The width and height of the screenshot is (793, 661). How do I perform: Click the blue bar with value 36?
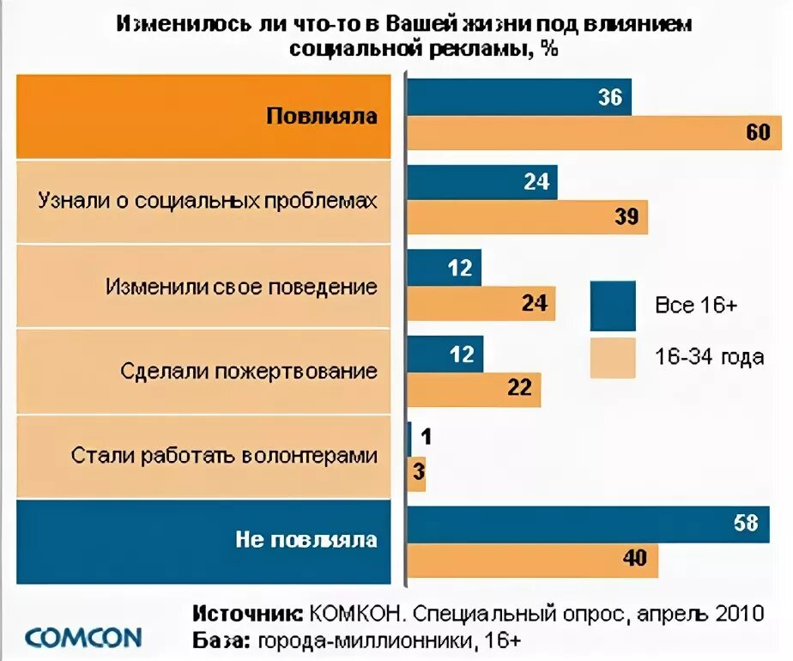(519, 97)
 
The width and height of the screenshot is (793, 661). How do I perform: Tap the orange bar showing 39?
(527, 217)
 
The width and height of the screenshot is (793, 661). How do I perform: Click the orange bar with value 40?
(532, 560)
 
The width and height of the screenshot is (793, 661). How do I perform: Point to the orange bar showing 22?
(474, 388)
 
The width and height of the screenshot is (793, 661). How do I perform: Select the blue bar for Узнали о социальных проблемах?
(482, 182)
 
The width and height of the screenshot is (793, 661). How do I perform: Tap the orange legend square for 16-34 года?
(613, 357)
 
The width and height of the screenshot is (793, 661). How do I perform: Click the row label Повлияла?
(322, 116)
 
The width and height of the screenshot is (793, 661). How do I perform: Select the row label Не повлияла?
(306, 540)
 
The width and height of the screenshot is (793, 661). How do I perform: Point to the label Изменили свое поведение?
(242, 286)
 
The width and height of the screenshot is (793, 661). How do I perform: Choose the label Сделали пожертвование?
(249, 371)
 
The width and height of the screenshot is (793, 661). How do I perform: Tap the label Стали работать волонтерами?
(225, 455)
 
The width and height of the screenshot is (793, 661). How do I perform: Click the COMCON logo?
(83, 637)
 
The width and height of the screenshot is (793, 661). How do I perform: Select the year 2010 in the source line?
(736, 614)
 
